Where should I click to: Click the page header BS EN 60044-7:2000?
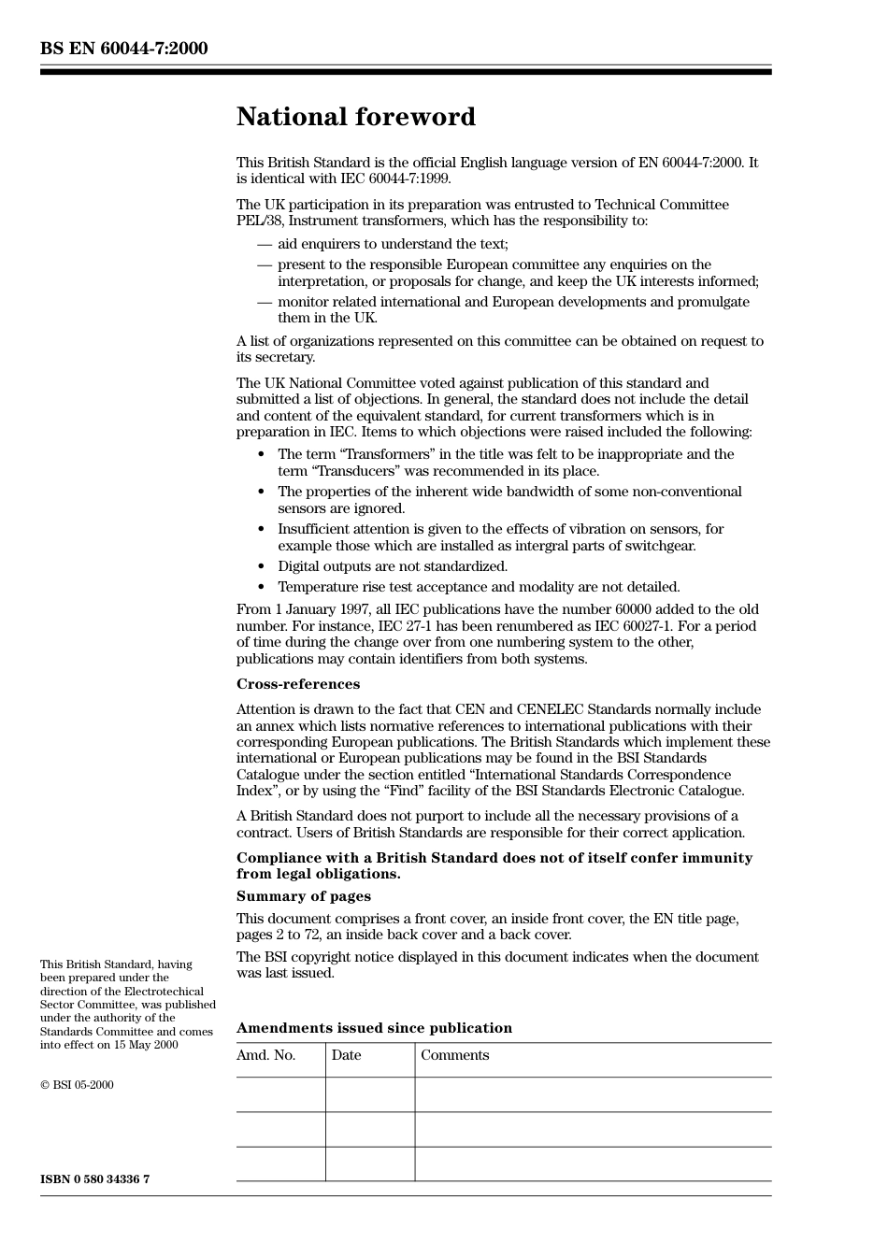pyautogui.click(x=123, y=49)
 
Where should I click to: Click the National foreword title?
pyautogui.click(x=355, y=117)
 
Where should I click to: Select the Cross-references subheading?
pyautogui.click(x=297, y=684)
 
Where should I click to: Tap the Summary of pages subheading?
pyautogui.click(x=303, y=896)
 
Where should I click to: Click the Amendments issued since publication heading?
pyautogui.click(x=374, y=1028)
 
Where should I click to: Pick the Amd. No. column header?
pyautogui.click(x=265, y=1055)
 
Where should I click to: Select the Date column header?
pyautogui.click(x=346, y=1055)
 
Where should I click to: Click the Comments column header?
pyautogui.click(x=454, y=1055)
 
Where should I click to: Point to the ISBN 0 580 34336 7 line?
pyautogui.click(x=94, y=1179)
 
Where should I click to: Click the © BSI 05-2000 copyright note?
pyautogui.click(x=77, y=1085)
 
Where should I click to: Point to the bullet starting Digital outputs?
pyautogui.click(x=392, y=566)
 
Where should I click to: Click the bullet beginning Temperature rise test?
pyautogui.click(x=478, y=587)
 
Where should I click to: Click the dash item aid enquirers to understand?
pyautogui.click(x=392, y=244)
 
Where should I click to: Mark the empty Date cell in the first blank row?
pyautogui.click(x=369, y=1094)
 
